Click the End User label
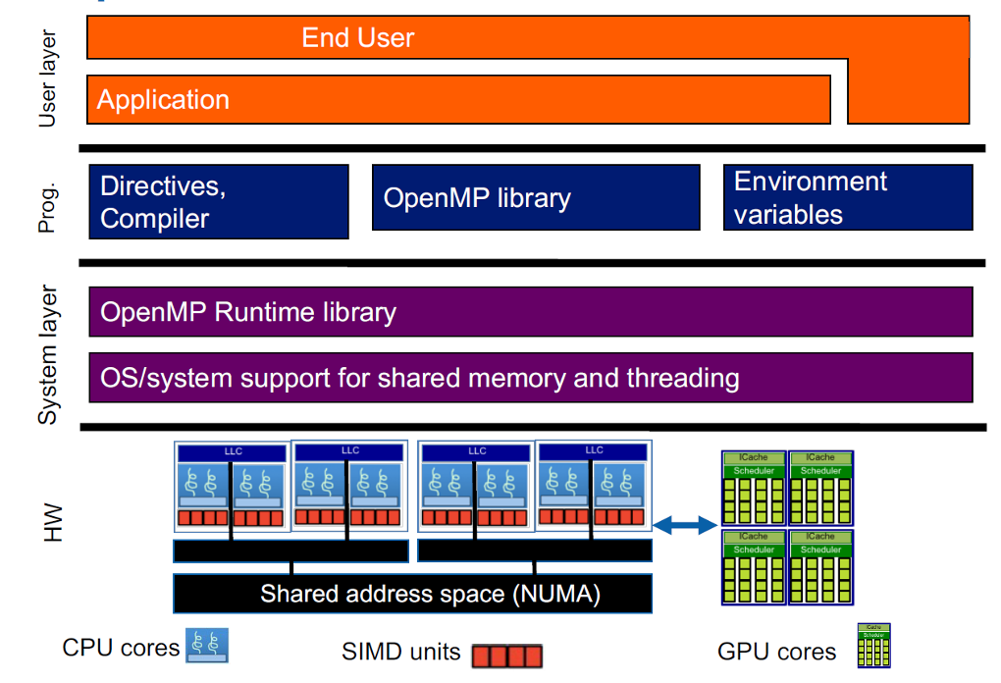coord(358,38)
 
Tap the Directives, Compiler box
coord(219,201)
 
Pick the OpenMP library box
coord(536,197)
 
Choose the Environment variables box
coord(848,197)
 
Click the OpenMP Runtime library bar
coord(530,312)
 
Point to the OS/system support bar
coord(530,378)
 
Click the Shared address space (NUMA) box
coord(412,593)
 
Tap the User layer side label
coord(47,79)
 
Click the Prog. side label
coord(47,207)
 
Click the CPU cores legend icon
coord(207,645)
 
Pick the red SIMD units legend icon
coord(506,656)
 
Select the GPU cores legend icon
coord(873,646)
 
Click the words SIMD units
coord(400,651)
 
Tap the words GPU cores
coord(777,651)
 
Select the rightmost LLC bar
coord(594,450)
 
